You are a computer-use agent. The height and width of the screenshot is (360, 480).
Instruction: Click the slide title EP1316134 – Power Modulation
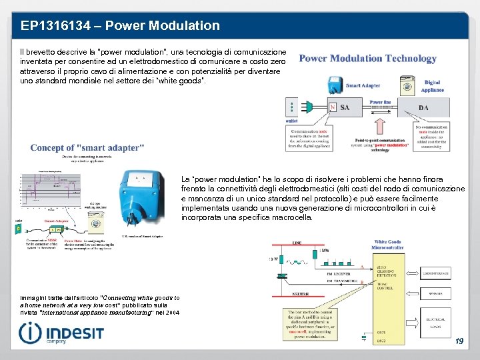pyautogui.click(x=120, y=26)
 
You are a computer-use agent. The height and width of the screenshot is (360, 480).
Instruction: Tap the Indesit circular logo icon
pyautogui.click(x=29, y=333)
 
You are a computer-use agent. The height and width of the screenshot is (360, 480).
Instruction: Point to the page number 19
pyautogui.click(x=459, y=341)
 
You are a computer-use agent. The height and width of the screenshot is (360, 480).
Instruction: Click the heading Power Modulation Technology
pyautogui.click(x=368, y=59)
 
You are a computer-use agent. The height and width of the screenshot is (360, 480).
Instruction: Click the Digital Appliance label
pyautogui.click(x=432, y=86)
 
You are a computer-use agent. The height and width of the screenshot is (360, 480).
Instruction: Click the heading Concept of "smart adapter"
pyautogui.click(x=87, y=147)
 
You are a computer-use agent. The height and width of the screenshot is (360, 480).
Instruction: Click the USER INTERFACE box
pyautogui.click(x=435, y=272)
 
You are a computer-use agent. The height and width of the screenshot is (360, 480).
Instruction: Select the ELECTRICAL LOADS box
pyautogui.click(x=435, y=325)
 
